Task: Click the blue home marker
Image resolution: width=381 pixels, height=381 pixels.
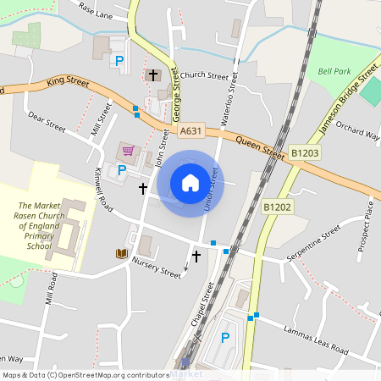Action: point(190,183)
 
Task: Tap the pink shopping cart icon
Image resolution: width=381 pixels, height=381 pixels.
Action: point(129,151)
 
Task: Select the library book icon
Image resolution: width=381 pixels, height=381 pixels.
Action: point(122,253)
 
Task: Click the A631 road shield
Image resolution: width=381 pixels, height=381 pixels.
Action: point(191,131)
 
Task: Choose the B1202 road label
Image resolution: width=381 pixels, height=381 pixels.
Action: point(276,206)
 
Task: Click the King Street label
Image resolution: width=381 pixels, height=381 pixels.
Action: point(68,80)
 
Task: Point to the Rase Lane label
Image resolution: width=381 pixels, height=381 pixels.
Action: point(96,9)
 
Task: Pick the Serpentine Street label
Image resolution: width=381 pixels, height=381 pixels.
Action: point(312,242)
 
